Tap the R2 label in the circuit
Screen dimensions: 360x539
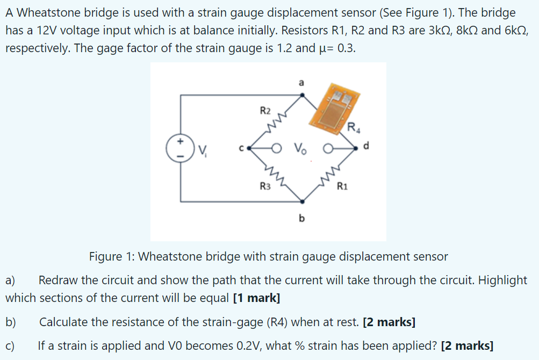click(265, 111)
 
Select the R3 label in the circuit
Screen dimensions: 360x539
click(265, 186)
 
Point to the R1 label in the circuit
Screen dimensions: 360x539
click(342, 186)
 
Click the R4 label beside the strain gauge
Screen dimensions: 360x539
click(354, 127)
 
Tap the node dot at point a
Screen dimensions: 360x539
click(303, 95)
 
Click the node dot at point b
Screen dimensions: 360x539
click(303, 201)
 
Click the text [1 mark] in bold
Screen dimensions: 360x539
click(256, 298)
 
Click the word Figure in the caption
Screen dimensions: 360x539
click(106, 257)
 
